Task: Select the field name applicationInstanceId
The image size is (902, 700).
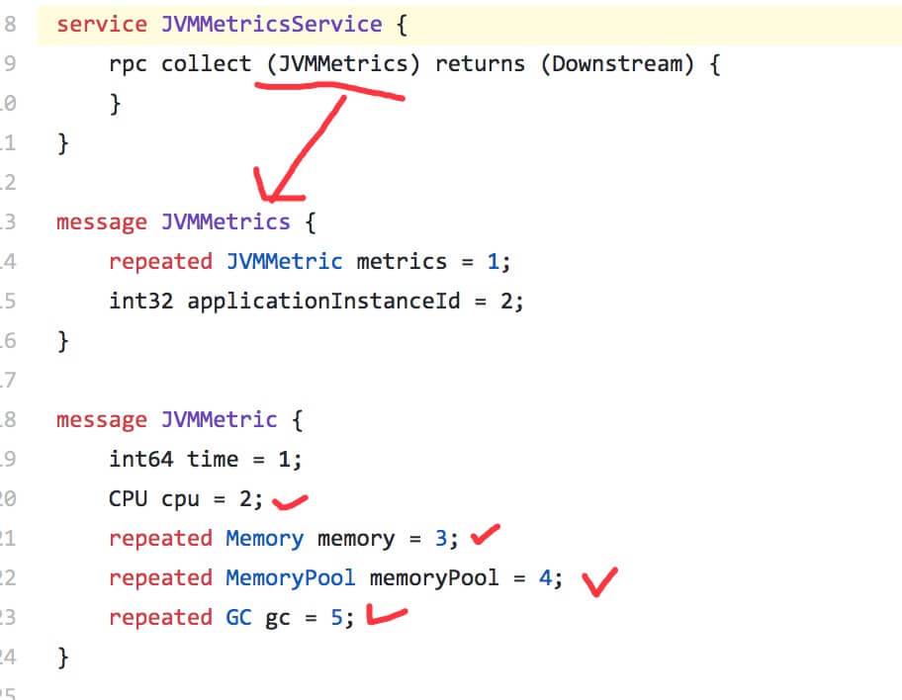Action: (x=323, y=301)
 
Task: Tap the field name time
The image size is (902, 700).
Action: (x=213, y=459)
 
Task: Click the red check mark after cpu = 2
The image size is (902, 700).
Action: (x=290, y=502)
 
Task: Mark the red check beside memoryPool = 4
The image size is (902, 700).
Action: (x=599, y=581)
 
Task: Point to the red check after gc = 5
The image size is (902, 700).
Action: (x=386, y=618)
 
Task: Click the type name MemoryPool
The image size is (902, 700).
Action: (x=290, y=577)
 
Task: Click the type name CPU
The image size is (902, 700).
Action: (x=129, y=498)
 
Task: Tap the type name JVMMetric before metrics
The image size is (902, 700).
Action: (x=284, y=261)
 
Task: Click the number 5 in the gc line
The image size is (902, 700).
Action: (x=336, y=617)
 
